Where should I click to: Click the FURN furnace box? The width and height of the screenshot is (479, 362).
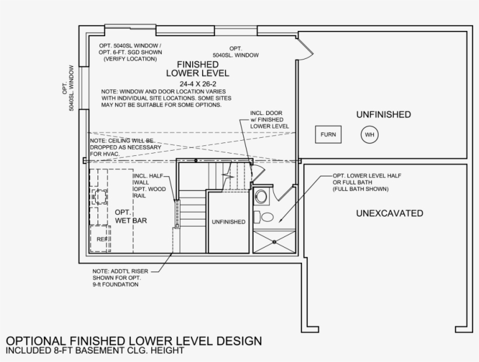click(328, 134)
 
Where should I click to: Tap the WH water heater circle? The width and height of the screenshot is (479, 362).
click(370, 135)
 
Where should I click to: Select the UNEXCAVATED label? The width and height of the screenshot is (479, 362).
click(390, 213)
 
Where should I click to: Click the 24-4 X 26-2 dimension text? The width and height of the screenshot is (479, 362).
click(198, 84)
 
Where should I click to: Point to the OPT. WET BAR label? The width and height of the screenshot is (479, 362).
click(131, 217)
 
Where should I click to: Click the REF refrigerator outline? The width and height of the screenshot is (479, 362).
click(100, 239)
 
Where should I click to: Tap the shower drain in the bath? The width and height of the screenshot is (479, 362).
click(275, 242)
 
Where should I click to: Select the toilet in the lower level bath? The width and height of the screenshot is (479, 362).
click(264, 217)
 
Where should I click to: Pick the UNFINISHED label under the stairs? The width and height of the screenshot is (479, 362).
click(228, 222)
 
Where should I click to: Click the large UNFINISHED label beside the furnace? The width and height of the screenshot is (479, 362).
click(383, 114)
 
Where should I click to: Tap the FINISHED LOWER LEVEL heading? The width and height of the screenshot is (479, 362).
click(197, 69)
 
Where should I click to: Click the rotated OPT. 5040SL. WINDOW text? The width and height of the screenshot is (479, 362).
click(68, 88)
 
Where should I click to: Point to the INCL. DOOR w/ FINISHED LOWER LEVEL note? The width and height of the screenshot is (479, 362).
click(269, 120)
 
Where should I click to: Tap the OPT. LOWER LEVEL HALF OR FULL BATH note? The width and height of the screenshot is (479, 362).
click(367, 182)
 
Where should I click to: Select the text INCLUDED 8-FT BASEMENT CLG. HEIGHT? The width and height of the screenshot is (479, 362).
click(95, 350)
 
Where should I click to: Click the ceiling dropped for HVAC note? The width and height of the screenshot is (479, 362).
click(126, 147)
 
